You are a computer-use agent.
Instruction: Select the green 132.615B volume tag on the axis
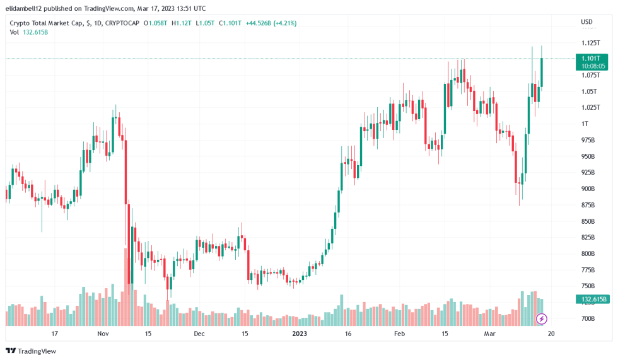(x=593, y=299)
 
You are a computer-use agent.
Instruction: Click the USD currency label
(x=586, y=23)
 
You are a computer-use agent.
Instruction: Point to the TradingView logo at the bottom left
(x=31, y=351)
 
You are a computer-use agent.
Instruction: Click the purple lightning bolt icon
(x=541, y=318)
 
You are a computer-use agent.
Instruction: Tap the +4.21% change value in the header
(x=284, y=23)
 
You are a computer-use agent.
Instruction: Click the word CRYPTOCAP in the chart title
(x=122, y=23)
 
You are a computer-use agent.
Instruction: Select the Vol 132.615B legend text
(x=28, y=32)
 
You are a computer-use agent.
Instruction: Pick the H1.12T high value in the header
(x=182, y=23)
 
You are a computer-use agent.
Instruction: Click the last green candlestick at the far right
(x=542, y=72)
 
